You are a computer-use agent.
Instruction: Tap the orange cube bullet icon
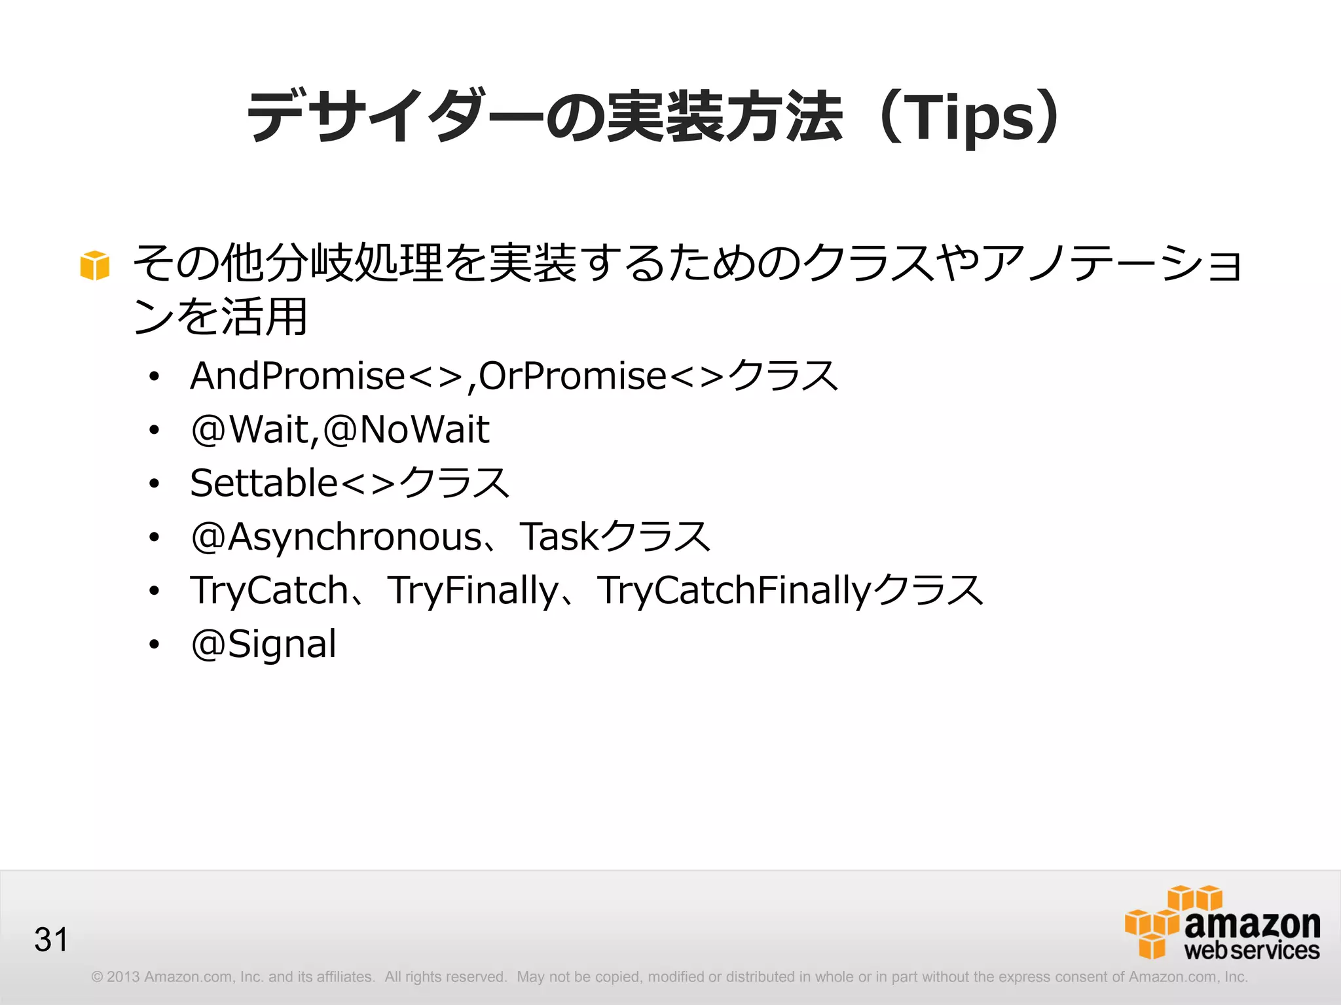coord(94,265)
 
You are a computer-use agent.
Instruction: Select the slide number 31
coord(51,940)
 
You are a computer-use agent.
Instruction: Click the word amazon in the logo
coord(1252,924)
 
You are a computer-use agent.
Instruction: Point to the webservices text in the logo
coord(1251,951)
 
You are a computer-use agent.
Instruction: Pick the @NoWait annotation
coord(406,430)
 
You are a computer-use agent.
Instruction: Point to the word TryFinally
coord(473,591)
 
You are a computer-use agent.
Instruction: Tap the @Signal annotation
coord(263,644)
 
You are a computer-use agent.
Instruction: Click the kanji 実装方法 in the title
coord(724,118)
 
